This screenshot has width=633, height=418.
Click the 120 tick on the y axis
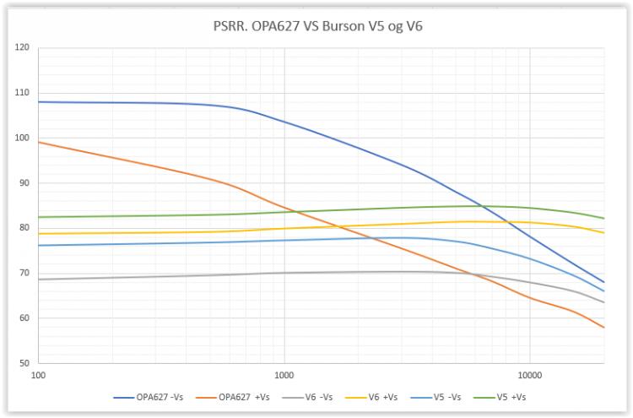coord(23,47)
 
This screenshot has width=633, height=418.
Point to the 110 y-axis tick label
coord(23,93)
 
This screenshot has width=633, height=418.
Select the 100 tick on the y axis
coord(23,138)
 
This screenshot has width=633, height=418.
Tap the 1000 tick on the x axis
coord(284,373)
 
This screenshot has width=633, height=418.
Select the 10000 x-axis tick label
coord(529,373)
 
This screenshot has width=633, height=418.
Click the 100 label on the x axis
coord(38,373)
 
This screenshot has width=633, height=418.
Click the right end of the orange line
coord(603,327)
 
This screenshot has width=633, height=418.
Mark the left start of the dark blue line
coord(39,101)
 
